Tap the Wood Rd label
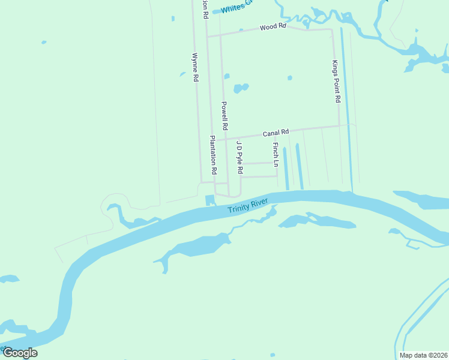click(273, 27)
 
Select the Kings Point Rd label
click(337, 81)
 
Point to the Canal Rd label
click(276, 132)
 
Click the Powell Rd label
click(224, 116)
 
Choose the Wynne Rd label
click(195, 67)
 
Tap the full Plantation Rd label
click(212, 154)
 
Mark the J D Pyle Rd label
click(239, 157)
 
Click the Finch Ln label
click(276, 154)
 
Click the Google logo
click(19, 352)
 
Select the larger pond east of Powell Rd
click(241, 88)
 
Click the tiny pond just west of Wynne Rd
click(182, 74)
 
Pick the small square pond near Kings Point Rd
click(290, 77)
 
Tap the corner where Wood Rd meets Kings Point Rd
click(332, 29)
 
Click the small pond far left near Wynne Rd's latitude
click(44, 42)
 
